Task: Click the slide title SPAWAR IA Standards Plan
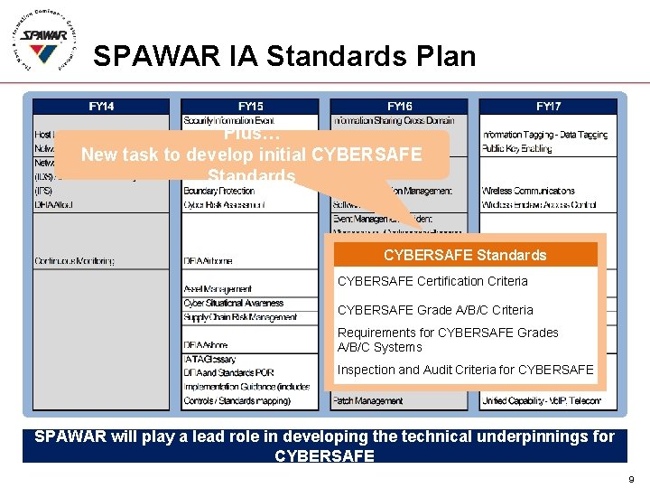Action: point(284,57)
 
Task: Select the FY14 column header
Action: point(101,106)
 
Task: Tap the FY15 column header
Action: point(250,106)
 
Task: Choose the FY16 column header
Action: point(399,106)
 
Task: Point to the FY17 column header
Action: point(548,106)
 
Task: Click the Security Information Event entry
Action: point(228,120)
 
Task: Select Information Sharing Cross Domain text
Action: point(394,120)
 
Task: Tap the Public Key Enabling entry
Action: point(517,148)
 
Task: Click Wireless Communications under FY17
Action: point(528,191)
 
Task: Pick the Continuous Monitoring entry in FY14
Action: point(75,261)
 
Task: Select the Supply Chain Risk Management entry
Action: point(240,317)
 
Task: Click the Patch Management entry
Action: point(367,399)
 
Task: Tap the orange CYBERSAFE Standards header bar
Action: point(465,256)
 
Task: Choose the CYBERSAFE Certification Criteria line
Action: point(432,281)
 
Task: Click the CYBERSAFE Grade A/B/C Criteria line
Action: point(435,310)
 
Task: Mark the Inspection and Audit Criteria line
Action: point(465,370)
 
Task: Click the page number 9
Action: point(631,478)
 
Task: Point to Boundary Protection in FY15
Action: point(219,191)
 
